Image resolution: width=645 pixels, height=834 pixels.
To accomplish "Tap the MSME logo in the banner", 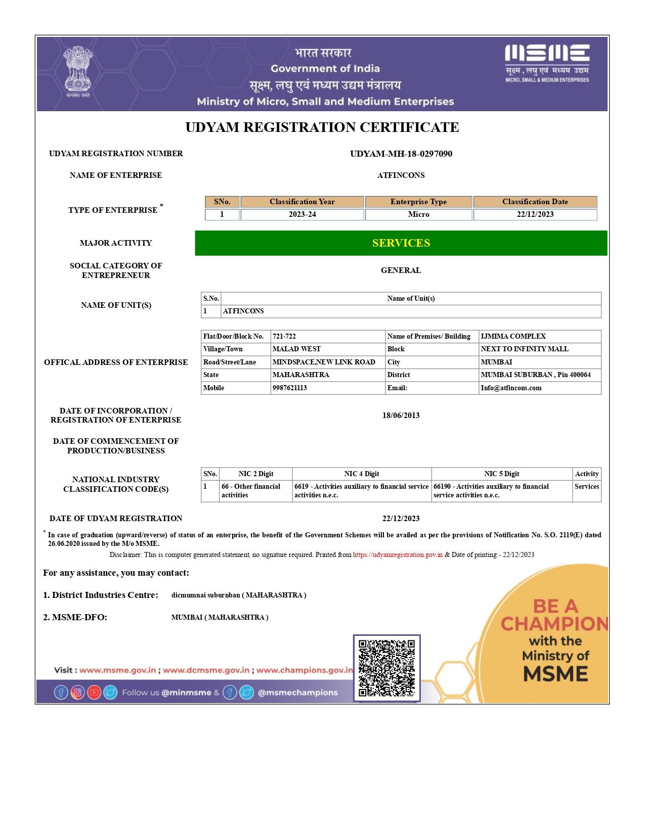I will [x=547, y=63].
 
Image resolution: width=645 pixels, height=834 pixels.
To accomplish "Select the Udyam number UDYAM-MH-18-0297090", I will [x=401, y=154].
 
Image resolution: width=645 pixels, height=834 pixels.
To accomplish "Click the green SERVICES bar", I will [x=401, y=243].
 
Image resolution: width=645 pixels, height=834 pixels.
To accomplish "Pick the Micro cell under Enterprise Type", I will [x=418, y=214].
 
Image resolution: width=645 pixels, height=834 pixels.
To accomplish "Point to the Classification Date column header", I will [x=535, y=202].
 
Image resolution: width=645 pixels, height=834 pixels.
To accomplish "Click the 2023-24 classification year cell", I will [x=302, y=214].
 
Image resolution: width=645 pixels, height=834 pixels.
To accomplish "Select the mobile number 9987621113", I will [x=290, y=388].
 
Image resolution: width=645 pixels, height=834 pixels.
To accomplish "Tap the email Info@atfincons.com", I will [x=511, y=388].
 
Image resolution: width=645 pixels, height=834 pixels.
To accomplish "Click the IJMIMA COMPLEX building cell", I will [x=513, y=337].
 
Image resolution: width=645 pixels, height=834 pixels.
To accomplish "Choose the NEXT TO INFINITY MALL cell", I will [x=524, y=349].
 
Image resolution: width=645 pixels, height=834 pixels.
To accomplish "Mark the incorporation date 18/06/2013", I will [x=401, y=415].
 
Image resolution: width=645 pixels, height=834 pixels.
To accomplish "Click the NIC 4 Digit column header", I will [x=361, y=474].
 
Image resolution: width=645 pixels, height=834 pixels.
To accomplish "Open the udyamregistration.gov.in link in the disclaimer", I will [x=398, y=555].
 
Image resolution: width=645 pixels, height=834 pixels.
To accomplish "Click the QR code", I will [x=386, y=668].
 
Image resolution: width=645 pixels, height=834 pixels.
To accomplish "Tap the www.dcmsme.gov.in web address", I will [x=206, y=670].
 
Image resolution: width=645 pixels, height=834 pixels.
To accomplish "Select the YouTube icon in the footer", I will [x=94, y=692].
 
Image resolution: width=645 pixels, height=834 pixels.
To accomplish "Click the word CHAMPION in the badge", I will [x=554, y=624].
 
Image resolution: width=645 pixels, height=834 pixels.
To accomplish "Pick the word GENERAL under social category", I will [x=401, y=270].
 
